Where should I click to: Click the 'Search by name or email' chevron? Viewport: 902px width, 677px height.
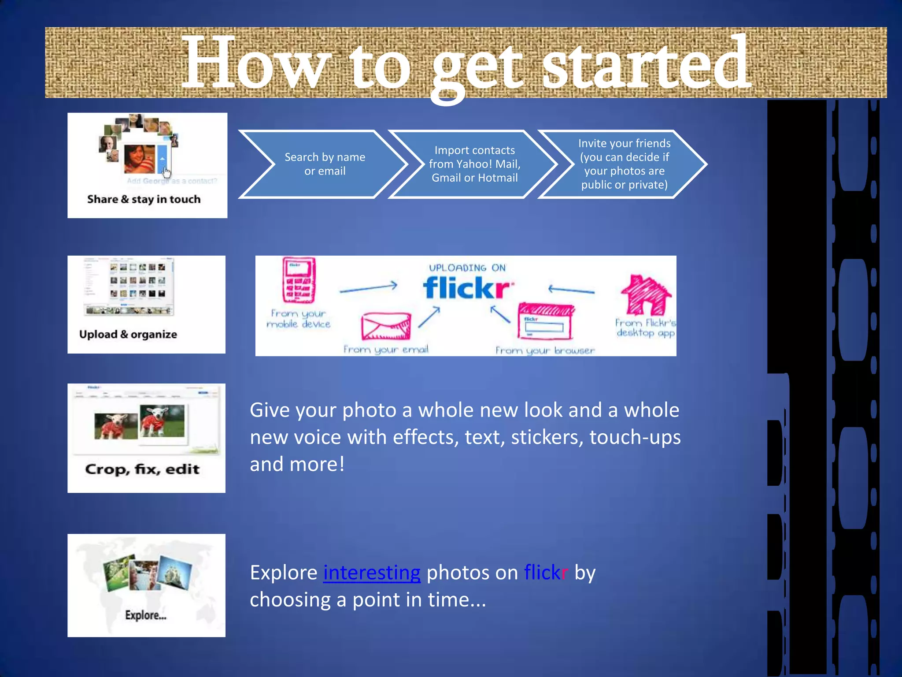(x=325, y=164)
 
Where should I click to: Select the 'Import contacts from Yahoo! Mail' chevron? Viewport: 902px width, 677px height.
(x=474, y=164)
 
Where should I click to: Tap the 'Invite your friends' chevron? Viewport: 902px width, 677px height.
(x=624, y=164)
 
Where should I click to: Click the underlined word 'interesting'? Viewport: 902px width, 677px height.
(x=372, y=573)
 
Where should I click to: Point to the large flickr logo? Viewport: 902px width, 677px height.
(x=468, y=288)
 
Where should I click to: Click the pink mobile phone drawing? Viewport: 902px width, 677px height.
(x=299, y=280)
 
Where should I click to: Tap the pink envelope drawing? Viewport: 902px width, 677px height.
(x=386, y=326)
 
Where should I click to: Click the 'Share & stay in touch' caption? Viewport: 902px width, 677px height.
(x=144, y=199)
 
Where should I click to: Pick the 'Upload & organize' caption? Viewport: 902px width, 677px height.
(x=128, y=335)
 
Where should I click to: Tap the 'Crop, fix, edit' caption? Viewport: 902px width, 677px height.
(x=142, y=469)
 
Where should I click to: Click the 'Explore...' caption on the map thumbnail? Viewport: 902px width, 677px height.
(x=146, y=615)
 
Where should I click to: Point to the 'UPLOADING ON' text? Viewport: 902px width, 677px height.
(x=467, y=268)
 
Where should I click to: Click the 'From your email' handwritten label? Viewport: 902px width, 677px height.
(x=386, y=350)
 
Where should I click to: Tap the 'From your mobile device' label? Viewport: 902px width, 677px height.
(x=298, y=319)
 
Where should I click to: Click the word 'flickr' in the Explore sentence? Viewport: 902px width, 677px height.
(x=546, y=573)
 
